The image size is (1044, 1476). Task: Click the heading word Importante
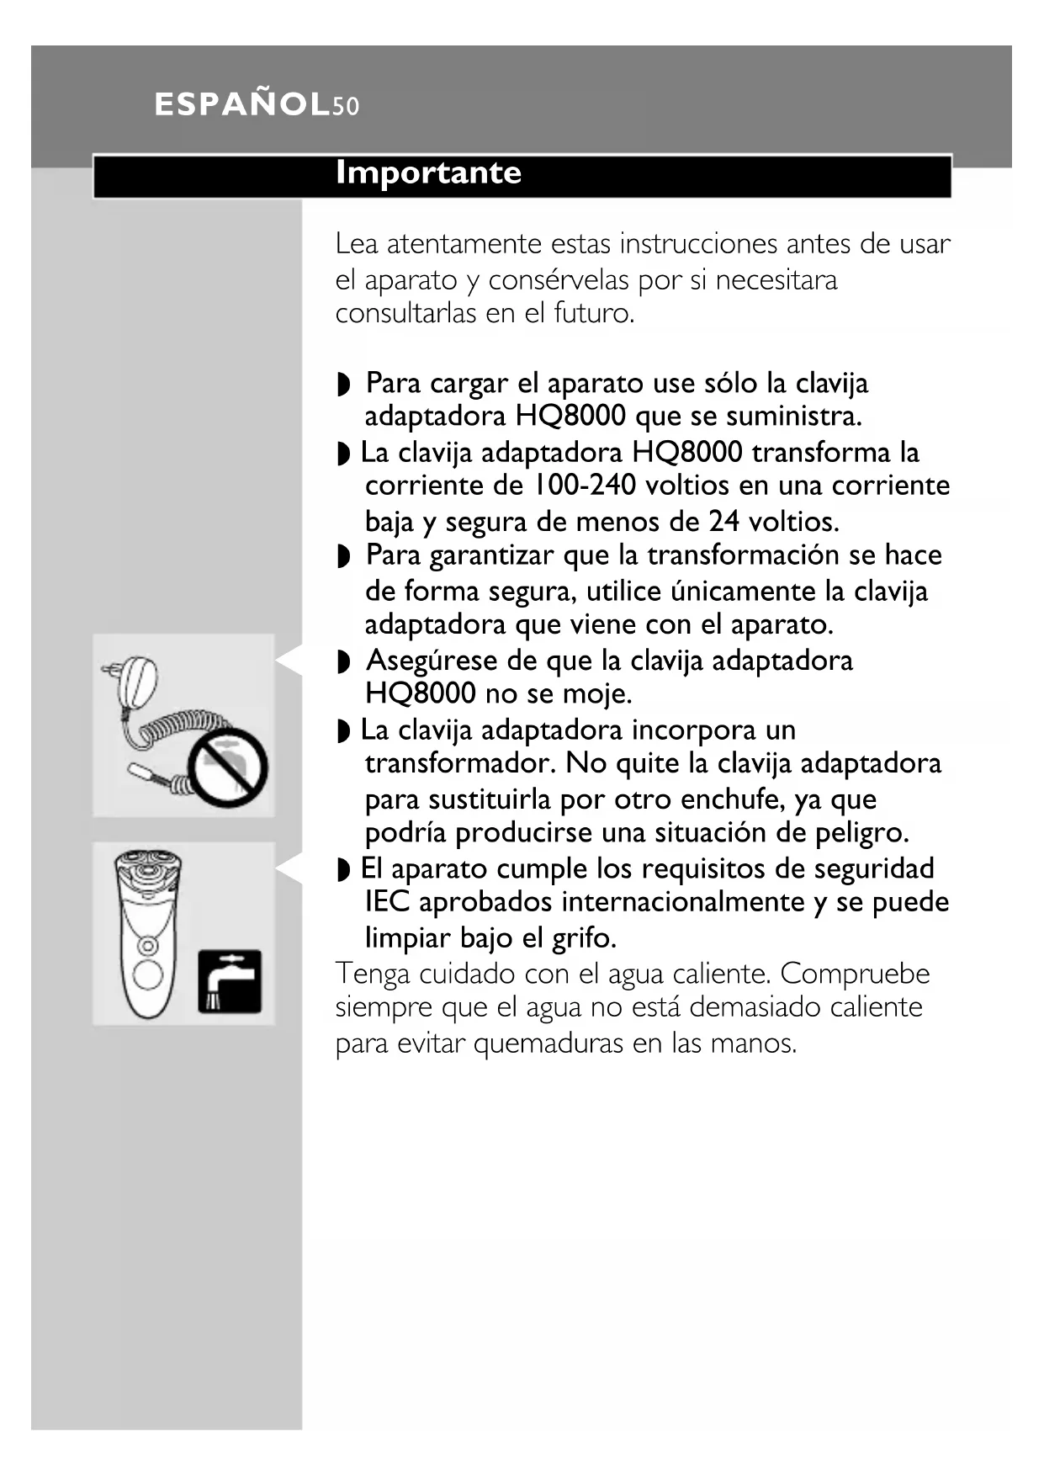pyautogui.click(x=428, y=173)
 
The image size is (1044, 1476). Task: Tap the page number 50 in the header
pyautogui.click(x=346, y=107)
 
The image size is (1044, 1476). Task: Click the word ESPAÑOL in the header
pyautogui.click(x=242, y=105)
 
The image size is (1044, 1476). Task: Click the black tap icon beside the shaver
pyautogui.click(x=230, y=981)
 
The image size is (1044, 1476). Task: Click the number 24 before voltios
pyautogui.click(x=723, y=522)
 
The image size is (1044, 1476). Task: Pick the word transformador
pyautogui.click(x=460, y=764)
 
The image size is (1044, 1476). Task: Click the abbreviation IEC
pyautogui.click(x=387, y=902)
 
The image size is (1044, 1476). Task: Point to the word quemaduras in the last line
pyautogui.click(x=549, y=1043)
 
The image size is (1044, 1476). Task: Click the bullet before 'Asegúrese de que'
pyautogui.click(x=342, y=662)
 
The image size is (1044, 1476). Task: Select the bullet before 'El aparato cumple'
pyautogui.click(x=342, y=870)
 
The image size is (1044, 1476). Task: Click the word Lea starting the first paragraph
pyautogui.click(x=356, y=244)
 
